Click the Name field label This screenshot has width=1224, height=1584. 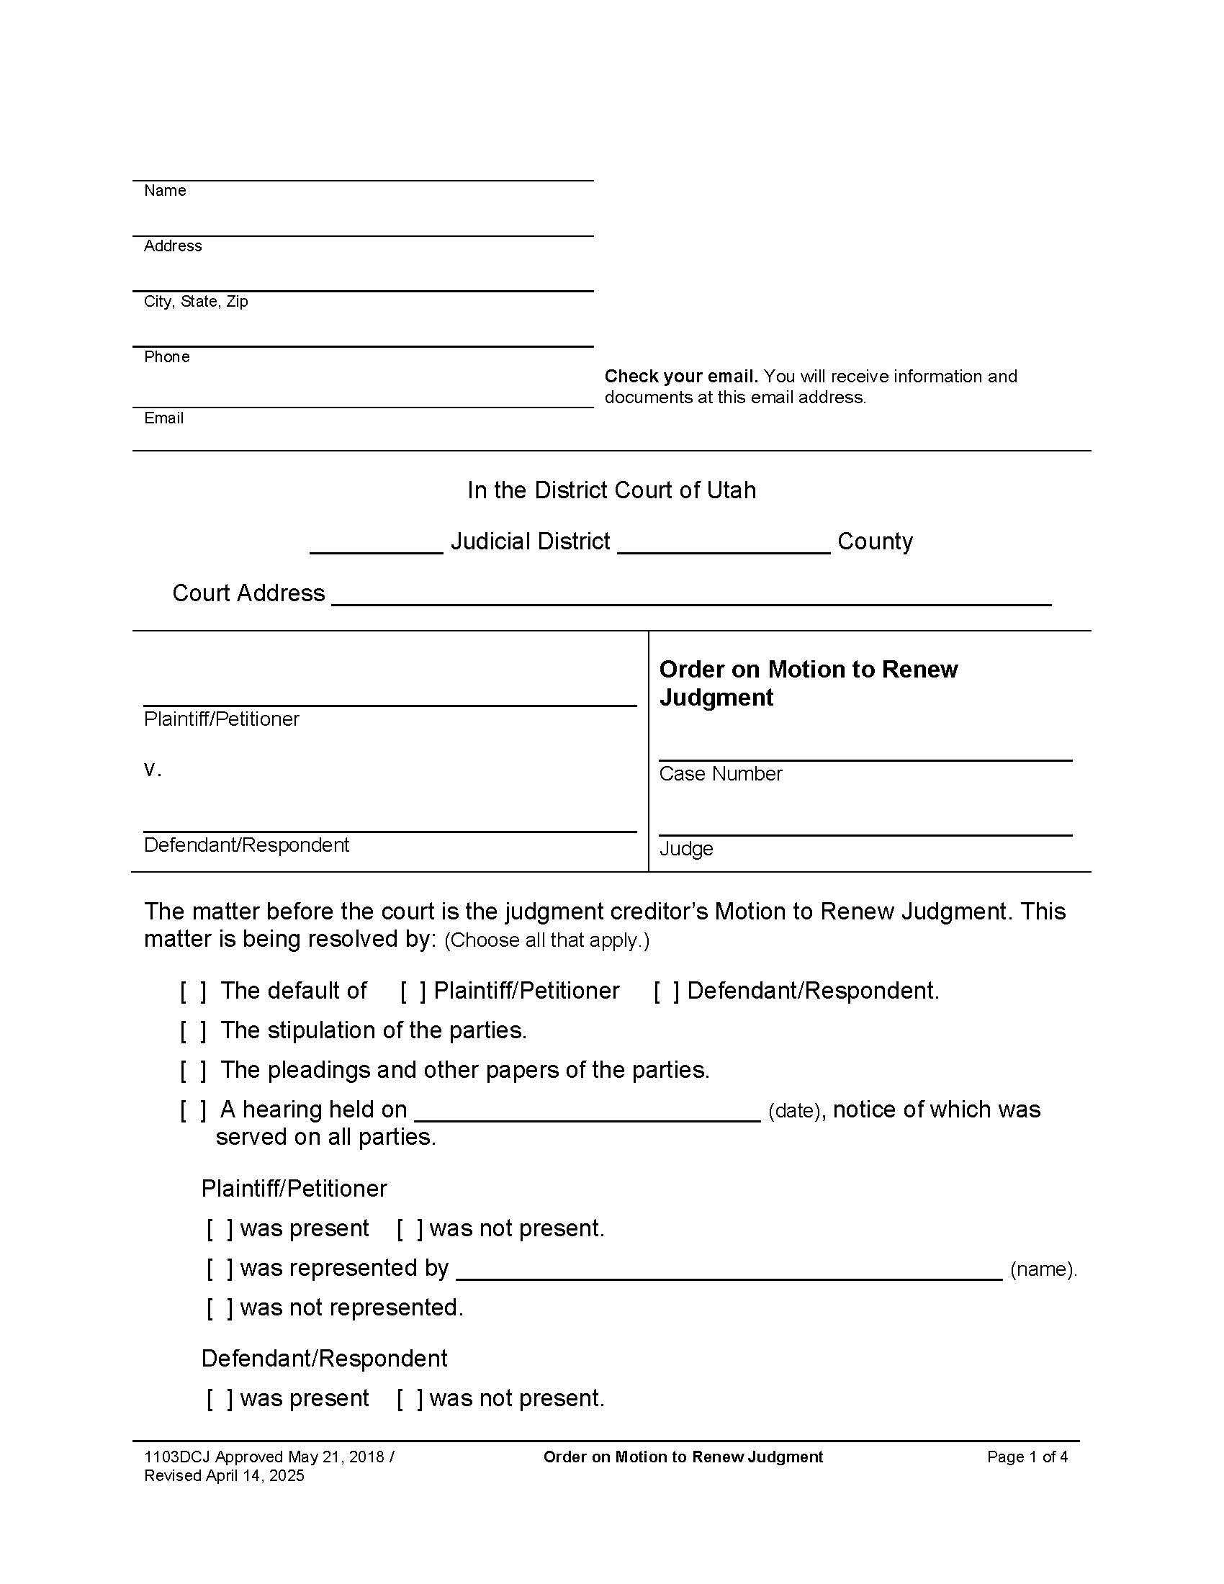click(x=165, y=190)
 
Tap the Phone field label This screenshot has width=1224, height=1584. click(x=167, y=357)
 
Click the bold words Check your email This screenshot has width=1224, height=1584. click(x=681, y=377)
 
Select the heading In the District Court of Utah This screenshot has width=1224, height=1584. click(x=611, y=490)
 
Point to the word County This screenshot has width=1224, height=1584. click(x=875, y=541)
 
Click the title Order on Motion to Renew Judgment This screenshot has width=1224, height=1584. click(x=808, y=683)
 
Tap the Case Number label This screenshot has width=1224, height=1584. click(x=720, y=774)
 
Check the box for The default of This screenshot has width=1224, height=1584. click(x=194, y=991)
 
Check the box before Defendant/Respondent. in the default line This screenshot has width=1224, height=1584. click(x=667, y=991)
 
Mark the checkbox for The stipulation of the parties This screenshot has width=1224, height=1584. click(x=194, y=1030)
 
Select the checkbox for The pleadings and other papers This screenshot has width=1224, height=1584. click(x=194, y=1071)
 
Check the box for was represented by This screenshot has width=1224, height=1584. click(x=220, y=1269)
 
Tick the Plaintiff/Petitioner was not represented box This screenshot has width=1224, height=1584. click(x=220, y=1308)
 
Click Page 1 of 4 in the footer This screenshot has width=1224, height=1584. click(x=1027, y=1457)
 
